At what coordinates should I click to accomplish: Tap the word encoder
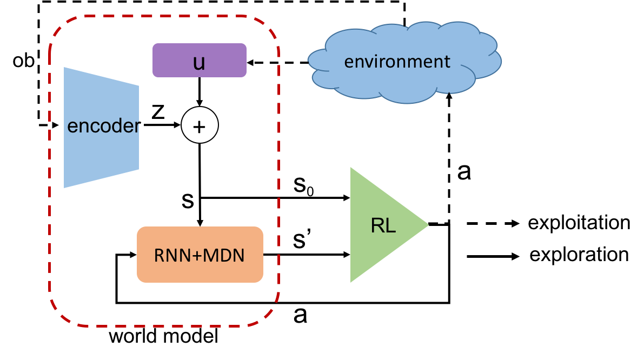103,126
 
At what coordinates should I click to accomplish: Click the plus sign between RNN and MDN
197,256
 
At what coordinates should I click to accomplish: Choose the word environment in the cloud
397,62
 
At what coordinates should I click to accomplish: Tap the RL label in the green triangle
383,225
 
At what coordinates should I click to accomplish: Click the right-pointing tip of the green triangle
428,225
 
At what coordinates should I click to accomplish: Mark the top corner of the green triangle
351,168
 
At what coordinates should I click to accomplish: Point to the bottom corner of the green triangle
351,281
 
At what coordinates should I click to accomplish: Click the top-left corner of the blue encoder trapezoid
64,68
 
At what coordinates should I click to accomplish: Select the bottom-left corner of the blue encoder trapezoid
64,187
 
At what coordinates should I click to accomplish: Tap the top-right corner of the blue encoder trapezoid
138,86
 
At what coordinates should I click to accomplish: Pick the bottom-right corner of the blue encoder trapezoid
138,169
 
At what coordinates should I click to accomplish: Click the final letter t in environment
447,62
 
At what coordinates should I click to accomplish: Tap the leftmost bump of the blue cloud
310,59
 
